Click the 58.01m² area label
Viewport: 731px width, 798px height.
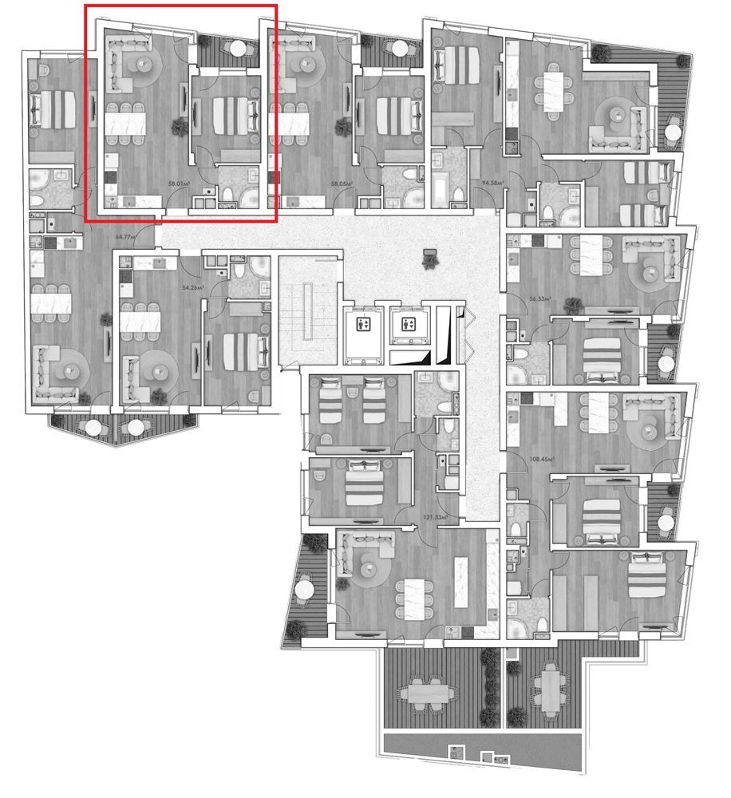pyautogui.click(x=178, y=184)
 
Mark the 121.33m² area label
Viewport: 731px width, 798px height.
pyautogui.click(x=435, y=519)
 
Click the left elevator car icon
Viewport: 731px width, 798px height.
pyautogui.click(x=364, y=324)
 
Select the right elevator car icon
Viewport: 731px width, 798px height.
pyautogui.click(x=409, y=324)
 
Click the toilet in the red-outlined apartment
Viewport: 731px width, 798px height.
pyautogui.click(x=227, y=195)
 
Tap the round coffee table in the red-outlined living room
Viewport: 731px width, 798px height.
pyautogui.click(x=145, y=64)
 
